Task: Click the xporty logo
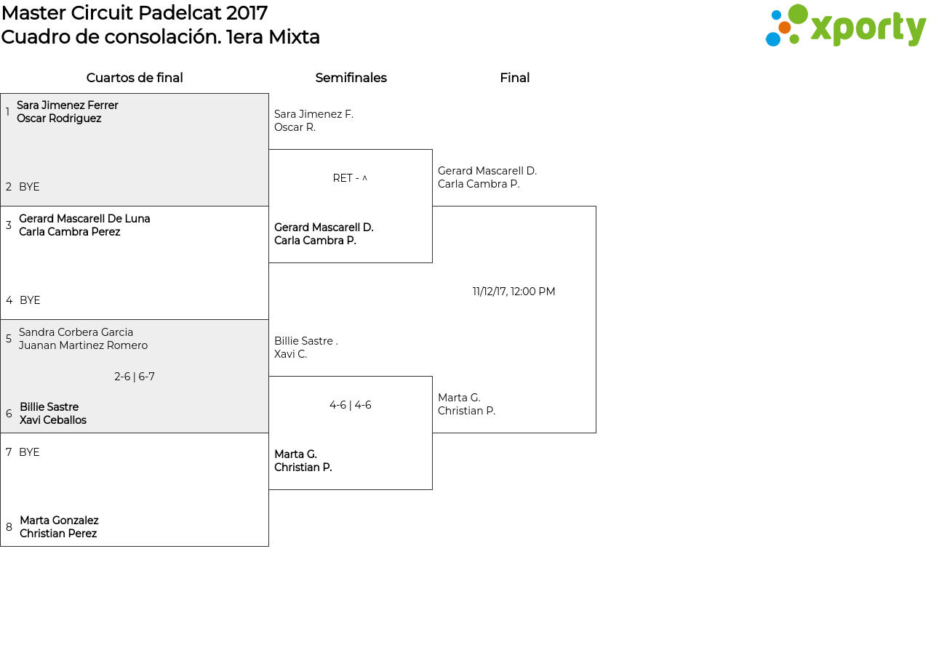845,25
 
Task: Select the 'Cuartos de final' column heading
135,78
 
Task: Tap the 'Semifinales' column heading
351,78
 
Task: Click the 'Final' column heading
514,78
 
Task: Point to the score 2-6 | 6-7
135,377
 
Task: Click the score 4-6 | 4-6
351,405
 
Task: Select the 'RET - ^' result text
350,178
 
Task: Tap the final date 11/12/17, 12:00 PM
514,292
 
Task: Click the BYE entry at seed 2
29,187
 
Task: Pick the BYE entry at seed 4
30,300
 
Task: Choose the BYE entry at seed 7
29,452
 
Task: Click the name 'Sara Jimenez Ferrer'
68,105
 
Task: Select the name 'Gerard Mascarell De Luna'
84,219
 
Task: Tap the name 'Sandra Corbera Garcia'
76,332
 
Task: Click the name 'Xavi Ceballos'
53,420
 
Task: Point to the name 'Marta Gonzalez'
59,520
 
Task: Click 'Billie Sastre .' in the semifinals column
306,341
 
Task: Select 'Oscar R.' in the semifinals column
295,127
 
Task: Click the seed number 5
8,339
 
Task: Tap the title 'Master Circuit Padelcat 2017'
135,13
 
